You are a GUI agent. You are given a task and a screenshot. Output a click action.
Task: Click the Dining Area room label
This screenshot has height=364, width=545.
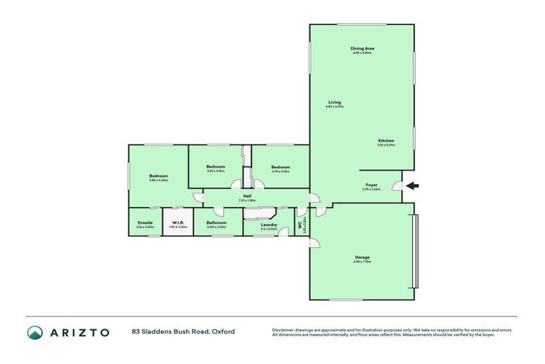tap(362, 48)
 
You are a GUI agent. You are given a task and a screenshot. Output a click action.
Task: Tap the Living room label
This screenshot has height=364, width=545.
tap(334, 102)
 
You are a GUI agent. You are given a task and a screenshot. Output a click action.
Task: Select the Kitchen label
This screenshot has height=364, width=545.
tap(386, 141)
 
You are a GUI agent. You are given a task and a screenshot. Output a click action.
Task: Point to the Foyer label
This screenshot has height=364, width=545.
tap(371, 185)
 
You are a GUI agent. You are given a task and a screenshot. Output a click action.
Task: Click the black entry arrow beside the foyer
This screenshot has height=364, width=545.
tap(412, 186)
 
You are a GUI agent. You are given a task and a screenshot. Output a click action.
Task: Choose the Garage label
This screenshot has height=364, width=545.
tap(362, 257)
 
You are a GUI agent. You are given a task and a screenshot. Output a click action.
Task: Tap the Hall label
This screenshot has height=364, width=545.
tap(248, 196)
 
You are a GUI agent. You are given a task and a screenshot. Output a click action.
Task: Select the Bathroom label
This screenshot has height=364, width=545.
tap(216, 223)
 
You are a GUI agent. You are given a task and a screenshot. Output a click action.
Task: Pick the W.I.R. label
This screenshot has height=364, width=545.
tap(177, 223)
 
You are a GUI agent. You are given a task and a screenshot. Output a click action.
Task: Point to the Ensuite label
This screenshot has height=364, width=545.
tap(145, 223)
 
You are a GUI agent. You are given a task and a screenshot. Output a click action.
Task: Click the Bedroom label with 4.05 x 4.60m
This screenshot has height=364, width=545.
tap(158, 176)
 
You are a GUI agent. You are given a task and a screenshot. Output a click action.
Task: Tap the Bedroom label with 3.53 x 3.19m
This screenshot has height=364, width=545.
tap(216, 167)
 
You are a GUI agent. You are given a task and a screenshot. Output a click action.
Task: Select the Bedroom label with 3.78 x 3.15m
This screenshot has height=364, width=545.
tap(280, 167)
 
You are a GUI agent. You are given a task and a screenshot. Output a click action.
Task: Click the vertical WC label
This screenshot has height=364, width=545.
tap(300, 227)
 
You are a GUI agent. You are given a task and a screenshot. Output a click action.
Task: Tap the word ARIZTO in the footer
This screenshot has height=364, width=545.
tap(79, 332)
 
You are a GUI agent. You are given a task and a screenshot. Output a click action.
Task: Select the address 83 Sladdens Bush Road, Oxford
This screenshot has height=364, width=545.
tap(183, 331)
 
